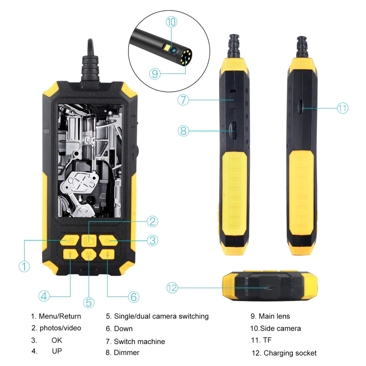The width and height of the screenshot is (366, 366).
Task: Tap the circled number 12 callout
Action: click(172, 288)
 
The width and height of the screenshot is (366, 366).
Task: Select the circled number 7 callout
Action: click(183, 100)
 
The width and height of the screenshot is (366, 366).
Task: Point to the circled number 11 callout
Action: click(343, 108)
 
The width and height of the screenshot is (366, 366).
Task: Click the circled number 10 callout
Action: click(171, 22)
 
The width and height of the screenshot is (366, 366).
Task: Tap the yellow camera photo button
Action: click(89, 240)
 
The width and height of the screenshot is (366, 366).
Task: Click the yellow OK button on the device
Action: click(108, 240)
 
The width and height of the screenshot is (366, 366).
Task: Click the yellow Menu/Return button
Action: click(69, 240)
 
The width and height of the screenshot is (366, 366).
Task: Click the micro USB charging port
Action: click(270, 288)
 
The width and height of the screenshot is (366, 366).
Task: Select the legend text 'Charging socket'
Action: click(290, 353)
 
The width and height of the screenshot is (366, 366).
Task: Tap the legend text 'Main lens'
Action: click(274, 316)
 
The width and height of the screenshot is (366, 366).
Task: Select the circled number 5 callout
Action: click(89, 302)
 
